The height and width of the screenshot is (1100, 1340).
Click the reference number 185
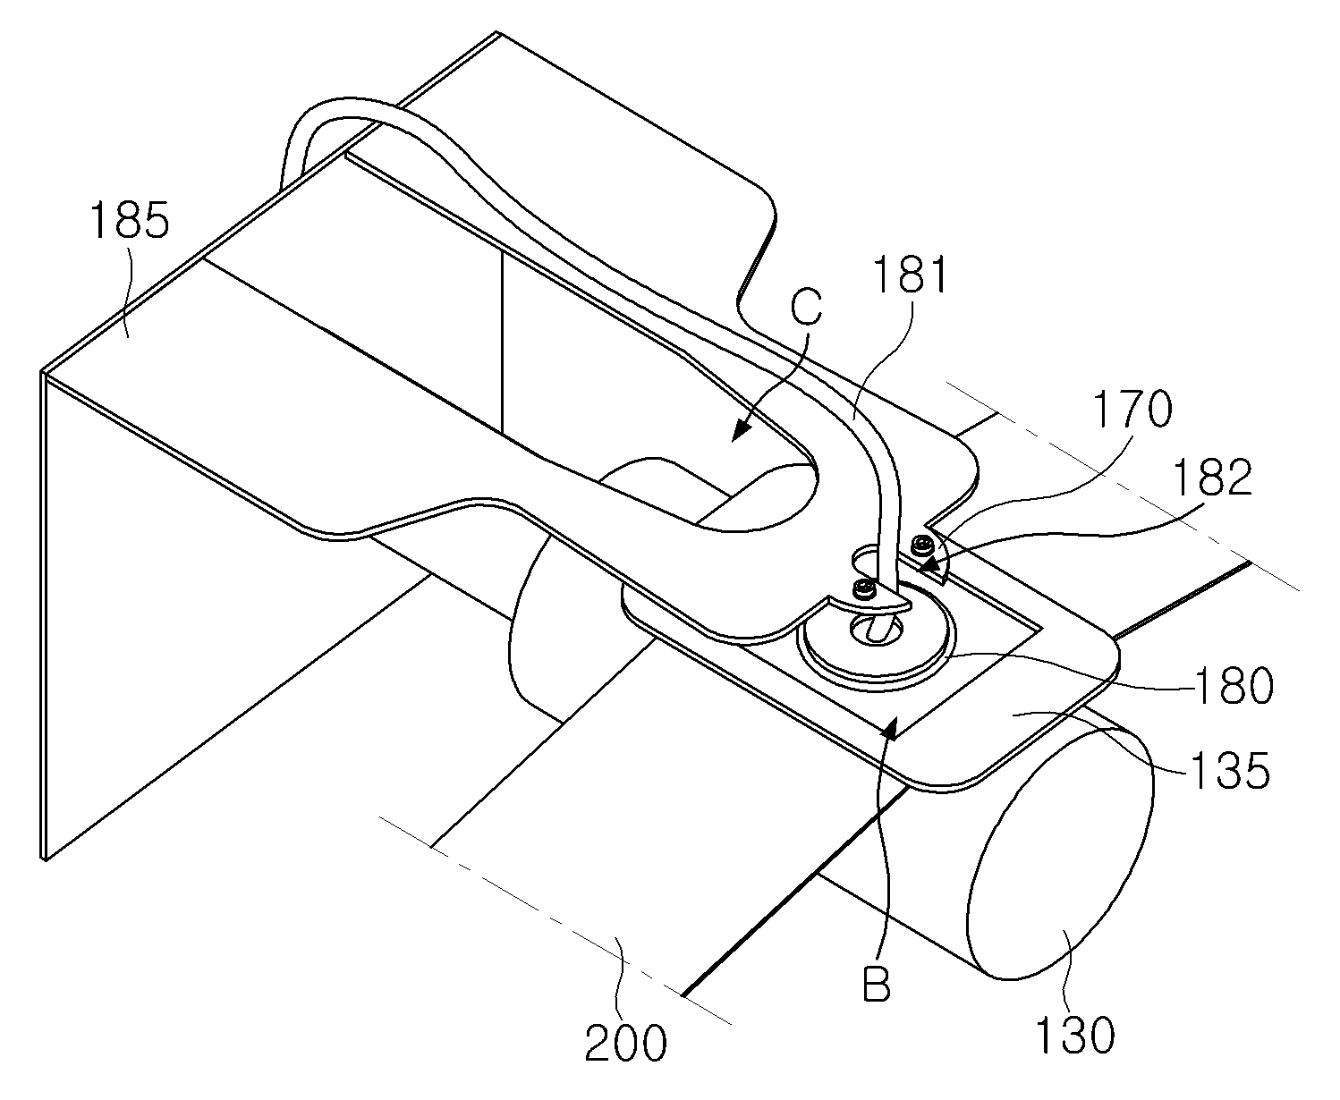tap(131, 220)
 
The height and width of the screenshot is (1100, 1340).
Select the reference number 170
tap(1132, 409)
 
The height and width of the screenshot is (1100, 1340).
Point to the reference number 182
tap(1212, 477)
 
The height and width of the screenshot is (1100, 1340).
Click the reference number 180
tap(1234, 686)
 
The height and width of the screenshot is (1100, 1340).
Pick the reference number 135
tap(1231, 771)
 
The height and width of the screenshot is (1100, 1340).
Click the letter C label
tap(806, 308)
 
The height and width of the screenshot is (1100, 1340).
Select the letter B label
tap(877, 983)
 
